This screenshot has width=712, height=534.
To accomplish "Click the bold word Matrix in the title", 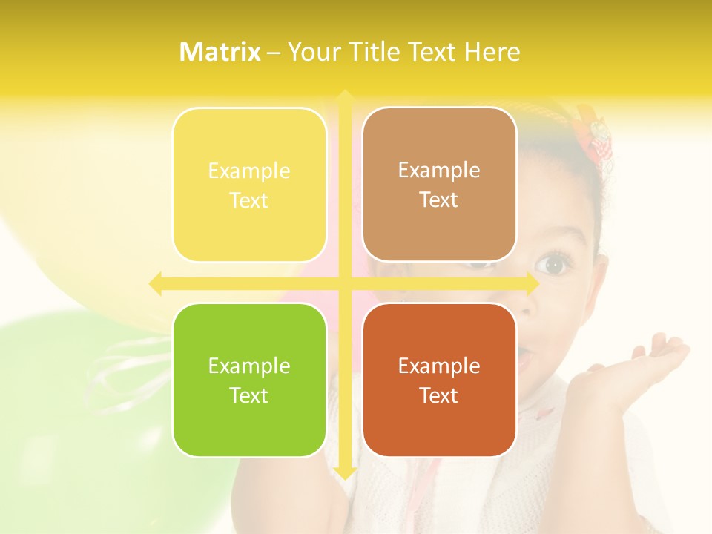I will pos(220,52).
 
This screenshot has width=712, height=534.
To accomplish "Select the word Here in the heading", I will pos(492,52).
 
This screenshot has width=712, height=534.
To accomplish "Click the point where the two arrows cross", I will pos(344,283).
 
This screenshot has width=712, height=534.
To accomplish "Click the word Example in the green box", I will pos(249,366).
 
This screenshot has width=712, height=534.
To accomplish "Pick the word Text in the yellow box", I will pos(249,200).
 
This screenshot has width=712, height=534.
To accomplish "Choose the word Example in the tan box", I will pos(439,170).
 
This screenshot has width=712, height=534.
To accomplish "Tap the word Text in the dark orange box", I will pos(439,395).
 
